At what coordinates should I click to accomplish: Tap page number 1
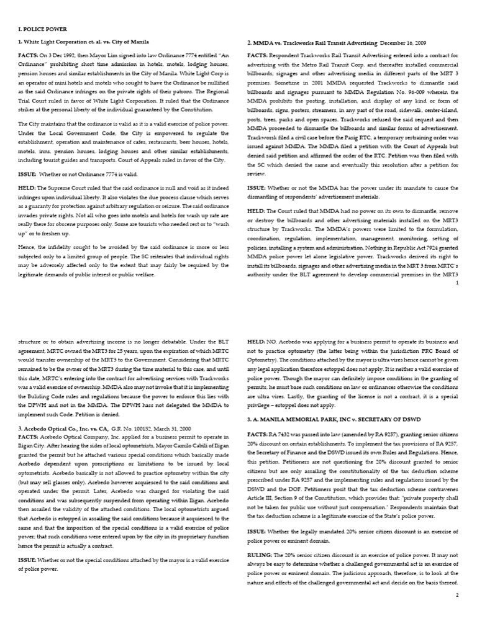457,283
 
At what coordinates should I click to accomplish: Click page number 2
457,595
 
